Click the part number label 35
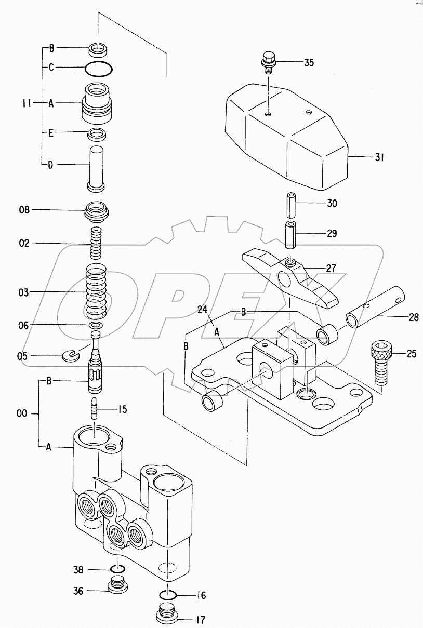[x=309, y=63]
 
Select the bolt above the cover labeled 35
[x=269, y=61]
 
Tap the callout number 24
[x=202, y=310]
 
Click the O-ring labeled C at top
[x=98, y=68]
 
